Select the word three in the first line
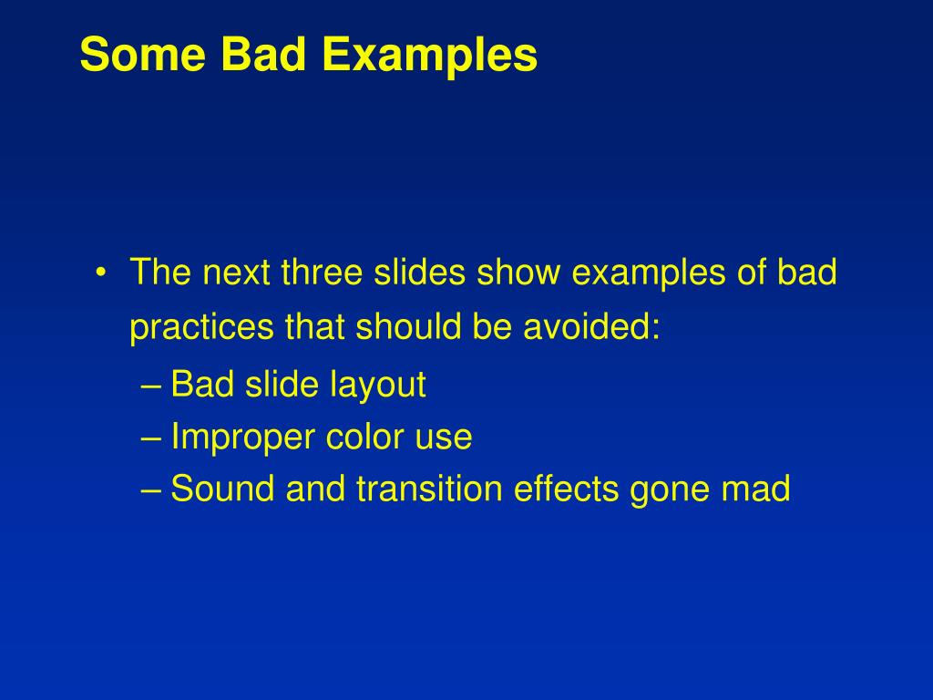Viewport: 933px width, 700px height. tap(323, 273)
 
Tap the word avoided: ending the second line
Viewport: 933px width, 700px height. tap(591, 328)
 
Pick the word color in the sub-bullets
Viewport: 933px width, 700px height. tap(361, 438)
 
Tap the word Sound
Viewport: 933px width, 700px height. tap(223, 490)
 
